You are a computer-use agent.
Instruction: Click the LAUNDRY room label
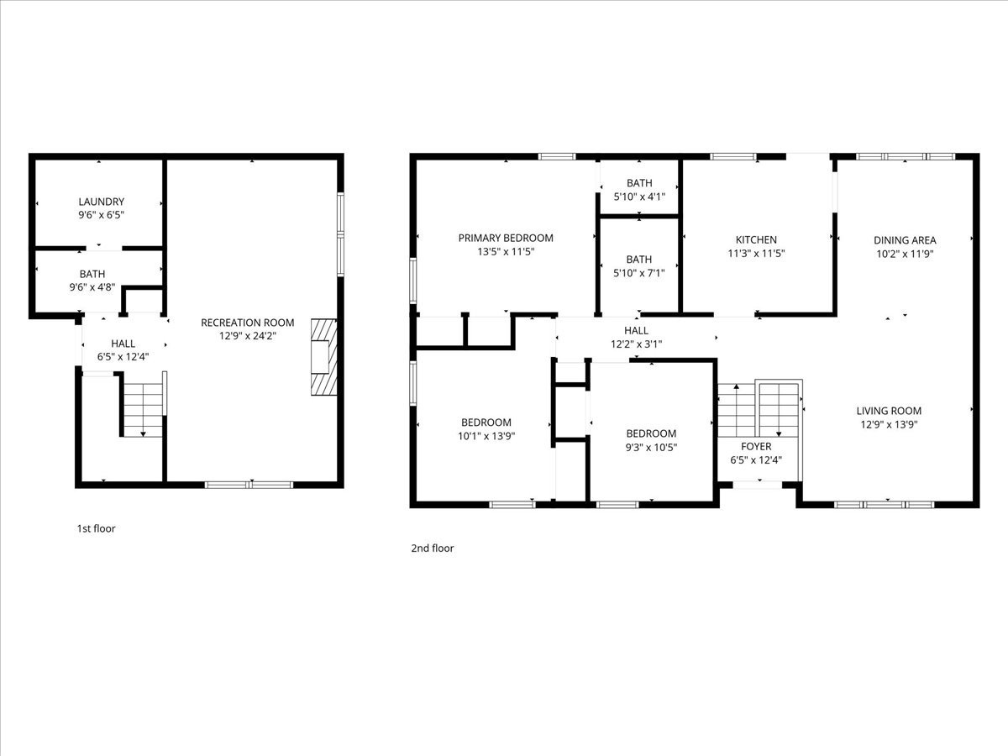coord(102,202)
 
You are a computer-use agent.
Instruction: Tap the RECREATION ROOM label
coord(248,323)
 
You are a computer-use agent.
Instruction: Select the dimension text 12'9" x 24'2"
coord(248,336)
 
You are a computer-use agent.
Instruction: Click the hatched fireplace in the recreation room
coord(324,357)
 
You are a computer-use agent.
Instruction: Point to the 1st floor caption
coord(96,528)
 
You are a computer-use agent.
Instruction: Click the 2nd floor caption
coord(432,548)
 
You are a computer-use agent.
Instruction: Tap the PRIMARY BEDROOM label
coord(506,238)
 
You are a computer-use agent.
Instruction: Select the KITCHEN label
coord(756,239)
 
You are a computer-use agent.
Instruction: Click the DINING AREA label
coord(905,240)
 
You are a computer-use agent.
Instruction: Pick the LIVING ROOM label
coord(889,411)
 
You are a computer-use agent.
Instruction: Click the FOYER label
coord(756,446)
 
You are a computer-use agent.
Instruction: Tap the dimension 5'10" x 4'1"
coord(639,197)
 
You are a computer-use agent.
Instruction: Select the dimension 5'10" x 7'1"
coord(638,273)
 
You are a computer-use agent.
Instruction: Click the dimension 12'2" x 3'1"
coord(636,344)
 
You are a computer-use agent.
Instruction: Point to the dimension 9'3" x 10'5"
coord(651,447)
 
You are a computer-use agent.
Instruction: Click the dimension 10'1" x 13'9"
coord(486,436)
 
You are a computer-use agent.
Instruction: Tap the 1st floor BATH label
coord(92,274)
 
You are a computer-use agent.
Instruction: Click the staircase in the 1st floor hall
coord(144,411)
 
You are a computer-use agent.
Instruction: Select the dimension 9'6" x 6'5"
coord(102,215)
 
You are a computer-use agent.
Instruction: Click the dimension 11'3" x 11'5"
coord(756,253)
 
